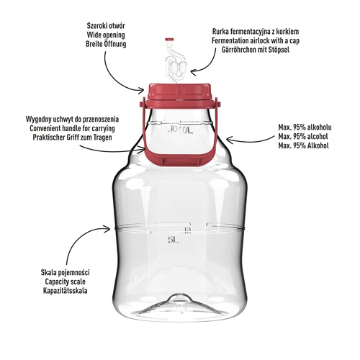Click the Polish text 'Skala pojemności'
(x=66, y=272)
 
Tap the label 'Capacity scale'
(x=66, y=282)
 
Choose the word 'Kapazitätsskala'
(x=66, y=291)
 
